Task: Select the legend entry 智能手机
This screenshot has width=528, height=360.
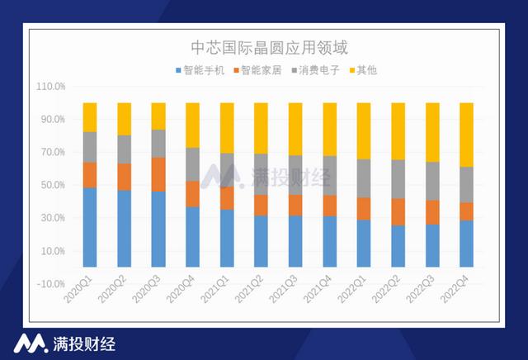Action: (x=200, y=70)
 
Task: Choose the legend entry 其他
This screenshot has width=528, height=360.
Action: (x=363, y=70)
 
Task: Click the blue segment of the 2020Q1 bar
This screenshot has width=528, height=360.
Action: (x=90, y=227)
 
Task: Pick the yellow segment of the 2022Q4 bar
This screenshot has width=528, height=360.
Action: (x=466, y=135)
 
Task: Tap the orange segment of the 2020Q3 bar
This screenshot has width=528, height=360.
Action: (x=158, y=174)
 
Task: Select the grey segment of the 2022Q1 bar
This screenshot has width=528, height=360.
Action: (x=364, y=178)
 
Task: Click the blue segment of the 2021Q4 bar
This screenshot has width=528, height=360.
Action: (x=329, y=242)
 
